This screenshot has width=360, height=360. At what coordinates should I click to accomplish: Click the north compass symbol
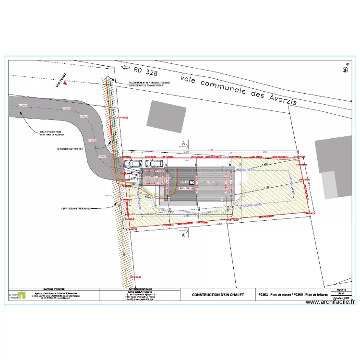pos(344,70)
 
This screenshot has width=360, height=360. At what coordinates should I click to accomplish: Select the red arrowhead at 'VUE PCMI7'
pos(65,83)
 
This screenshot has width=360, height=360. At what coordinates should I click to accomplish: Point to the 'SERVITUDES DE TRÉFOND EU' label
pos(78,208)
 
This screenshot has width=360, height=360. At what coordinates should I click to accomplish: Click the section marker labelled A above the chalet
pos(184,143)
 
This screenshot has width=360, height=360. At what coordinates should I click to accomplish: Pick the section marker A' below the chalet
pos(184,235)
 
